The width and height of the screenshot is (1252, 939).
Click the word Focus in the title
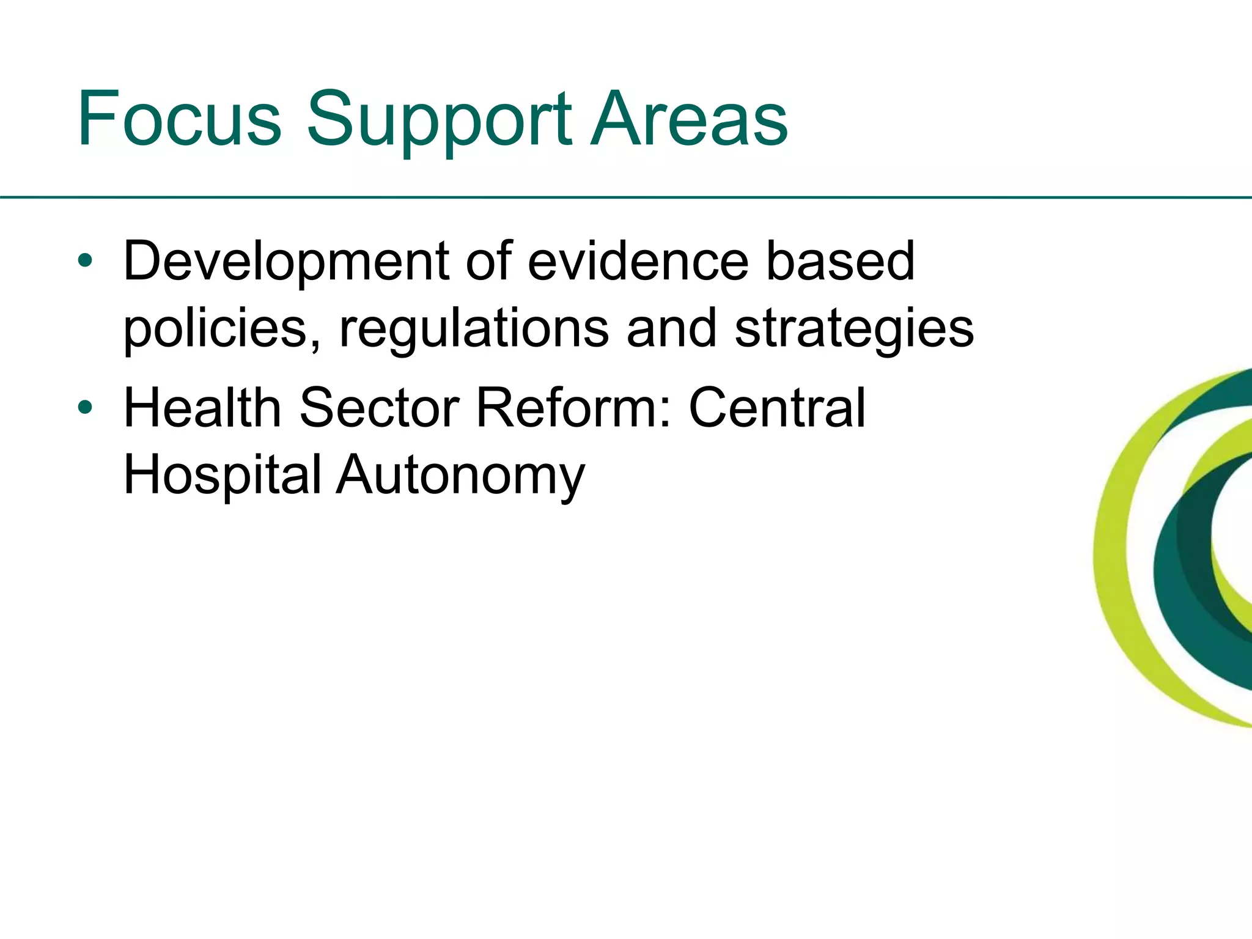click(x=179, y=119)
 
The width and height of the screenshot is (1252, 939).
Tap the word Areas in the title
click(x=689, y=119)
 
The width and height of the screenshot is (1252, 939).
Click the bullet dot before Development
click(x=85, y=262)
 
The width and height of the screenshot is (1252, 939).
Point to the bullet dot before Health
click(x=85, y=408)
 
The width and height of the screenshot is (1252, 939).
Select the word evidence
click(x=638, y=262)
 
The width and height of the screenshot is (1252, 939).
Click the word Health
click(x=202, y=408)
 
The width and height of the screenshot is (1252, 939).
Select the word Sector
click(x=379, y=408)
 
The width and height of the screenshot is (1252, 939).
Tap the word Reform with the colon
click(x=574, y=408)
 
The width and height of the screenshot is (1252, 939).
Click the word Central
click(x=777, y=408)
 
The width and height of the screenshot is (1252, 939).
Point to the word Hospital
click(x=223, y=476)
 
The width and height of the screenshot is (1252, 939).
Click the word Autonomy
click(x=461, y=476)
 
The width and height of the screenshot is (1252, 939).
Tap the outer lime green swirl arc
click(x=1114, y=550)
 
